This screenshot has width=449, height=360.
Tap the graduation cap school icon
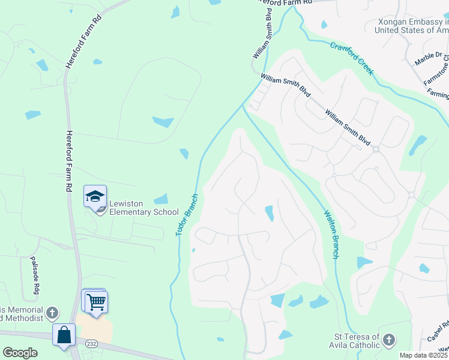(95, 197)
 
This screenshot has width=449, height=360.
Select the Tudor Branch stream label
(187, 215)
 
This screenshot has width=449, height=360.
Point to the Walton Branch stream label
(331, 234)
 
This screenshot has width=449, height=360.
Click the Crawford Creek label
(352, 58)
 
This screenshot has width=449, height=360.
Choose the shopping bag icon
(64, 335)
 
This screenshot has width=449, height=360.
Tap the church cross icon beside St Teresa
(389, 340)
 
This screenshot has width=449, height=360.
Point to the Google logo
(20, 353)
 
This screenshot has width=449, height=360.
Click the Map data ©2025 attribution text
(424, 355)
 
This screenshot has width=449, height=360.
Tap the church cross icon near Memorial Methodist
(52, 313)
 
